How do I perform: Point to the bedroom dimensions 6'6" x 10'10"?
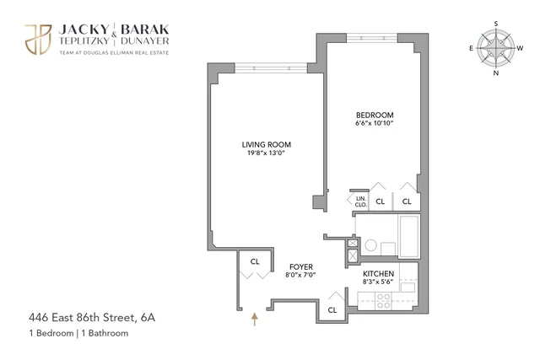click(375, 123)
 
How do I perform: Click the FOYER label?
click(302, 264)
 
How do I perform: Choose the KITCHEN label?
click(378, 275)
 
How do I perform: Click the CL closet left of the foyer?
click(254, 263)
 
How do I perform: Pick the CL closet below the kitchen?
click(332, 309)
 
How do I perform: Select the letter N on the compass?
click(496, 73)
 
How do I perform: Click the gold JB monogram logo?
click(37, 37)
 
